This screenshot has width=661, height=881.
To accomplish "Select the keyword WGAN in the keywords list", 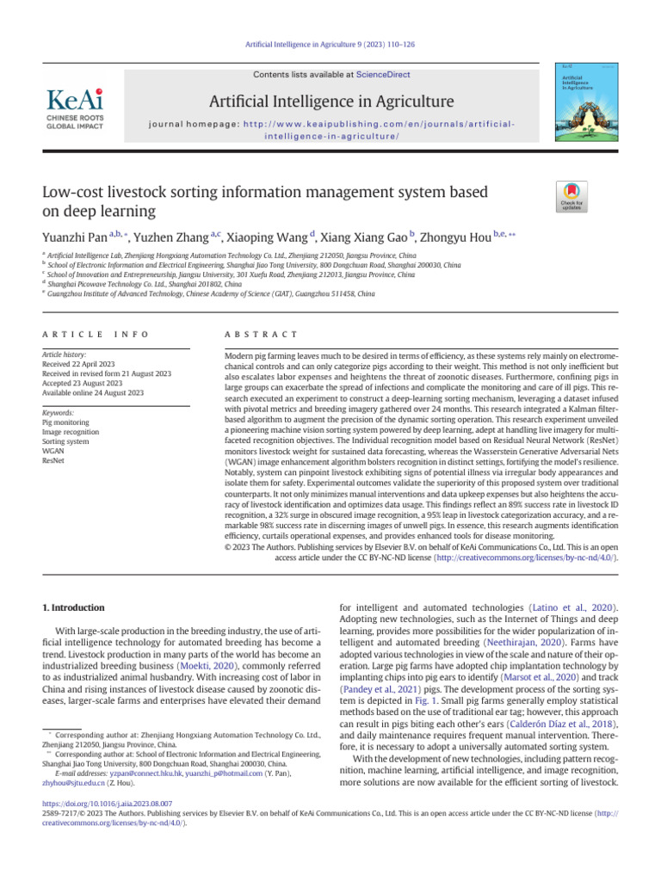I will pos(53,450).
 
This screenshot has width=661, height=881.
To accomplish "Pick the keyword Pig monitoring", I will pos(64,422).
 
